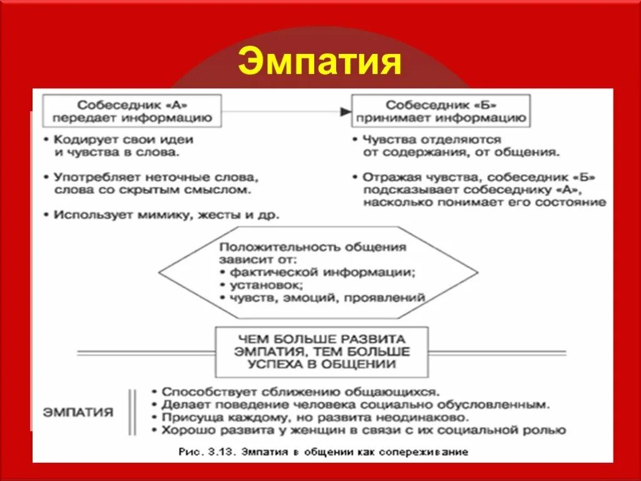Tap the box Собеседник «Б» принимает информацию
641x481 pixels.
[x=441, y=111]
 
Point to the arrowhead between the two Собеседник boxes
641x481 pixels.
[x=345, y=111]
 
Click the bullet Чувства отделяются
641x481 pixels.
[x=432, y=140]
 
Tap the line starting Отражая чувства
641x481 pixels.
[x=479, y=177]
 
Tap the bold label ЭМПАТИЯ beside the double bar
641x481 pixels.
[x=78, y=412]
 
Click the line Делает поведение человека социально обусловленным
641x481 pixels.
[x=355, y=405]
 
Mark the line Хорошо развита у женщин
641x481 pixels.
[x=363, y=430]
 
